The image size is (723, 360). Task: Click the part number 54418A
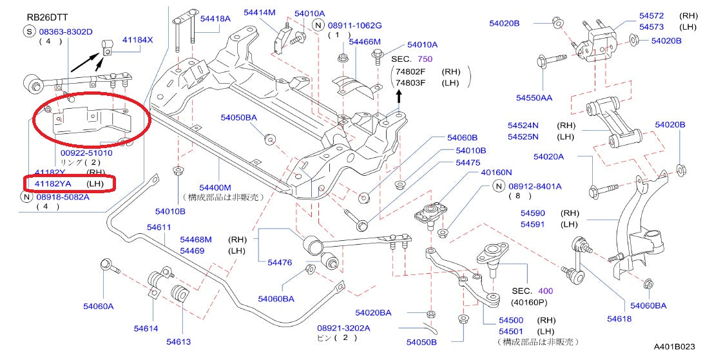pos(215,19)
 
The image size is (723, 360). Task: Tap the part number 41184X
pos(139,40)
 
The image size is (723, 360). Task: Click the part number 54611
pos(159,227)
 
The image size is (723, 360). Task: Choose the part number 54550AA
pos(534,98)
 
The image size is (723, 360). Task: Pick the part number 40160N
pos(496,172)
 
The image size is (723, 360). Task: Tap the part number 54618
pos(619,318)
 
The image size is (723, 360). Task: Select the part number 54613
pos(178,341)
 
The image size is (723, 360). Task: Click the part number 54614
pos(146,328)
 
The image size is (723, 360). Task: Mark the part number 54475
pos(468,163)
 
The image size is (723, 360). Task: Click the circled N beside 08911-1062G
pos(317,25)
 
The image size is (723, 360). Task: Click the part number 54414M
pos(260,12)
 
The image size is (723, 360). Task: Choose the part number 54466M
pos(365,41)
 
